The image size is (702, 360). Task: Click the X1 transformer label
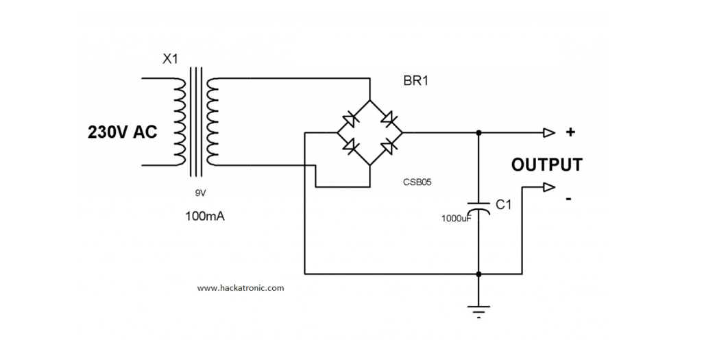pyautogui.click(x=170, y=59)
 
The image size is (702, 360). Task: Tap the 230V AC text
pyautogui.click(x=122, y=132)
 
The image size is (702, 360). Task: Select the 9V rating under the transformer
pyautogui.click(x=200, y=193)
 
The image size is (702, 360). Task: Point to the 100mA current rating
pyautogui.click(x=205, y=217)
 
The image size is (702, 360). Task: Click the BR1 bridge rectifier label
pyautogui.click(x=415, y=82)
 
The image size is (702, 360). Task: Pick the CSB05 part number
pyautogui.click(x=417, y=182)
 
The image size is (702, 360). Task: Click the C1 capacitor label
pyautogui.click(x=503, y=204)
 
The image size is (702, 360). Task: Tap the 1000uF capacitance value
pyautogui.click(x=457, y=219)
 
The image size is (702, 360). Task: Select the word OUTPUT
pyautogui.click(x=546, y=165)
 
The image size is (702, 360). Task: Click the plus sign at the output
pyautogui.click(x=570, y=132)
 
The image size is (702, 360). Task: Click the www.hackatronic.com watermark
pyautogui.click(x=241, y=288)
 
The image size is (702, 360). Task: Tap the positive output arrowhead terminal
pyautogui.click(x=549, y=132)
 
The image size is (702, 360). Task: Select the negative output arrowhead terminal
pyautogui.click(x=549, y=187)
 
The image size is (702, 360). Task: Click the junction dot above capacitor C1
pyautogui.click(x=479, y=132)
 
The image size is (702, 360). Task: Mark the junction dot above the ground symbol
pyautogui.click(x=479, y=274)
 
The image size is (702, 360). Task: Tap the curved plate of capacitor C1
pyautogui.click(x=479, y=211)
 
